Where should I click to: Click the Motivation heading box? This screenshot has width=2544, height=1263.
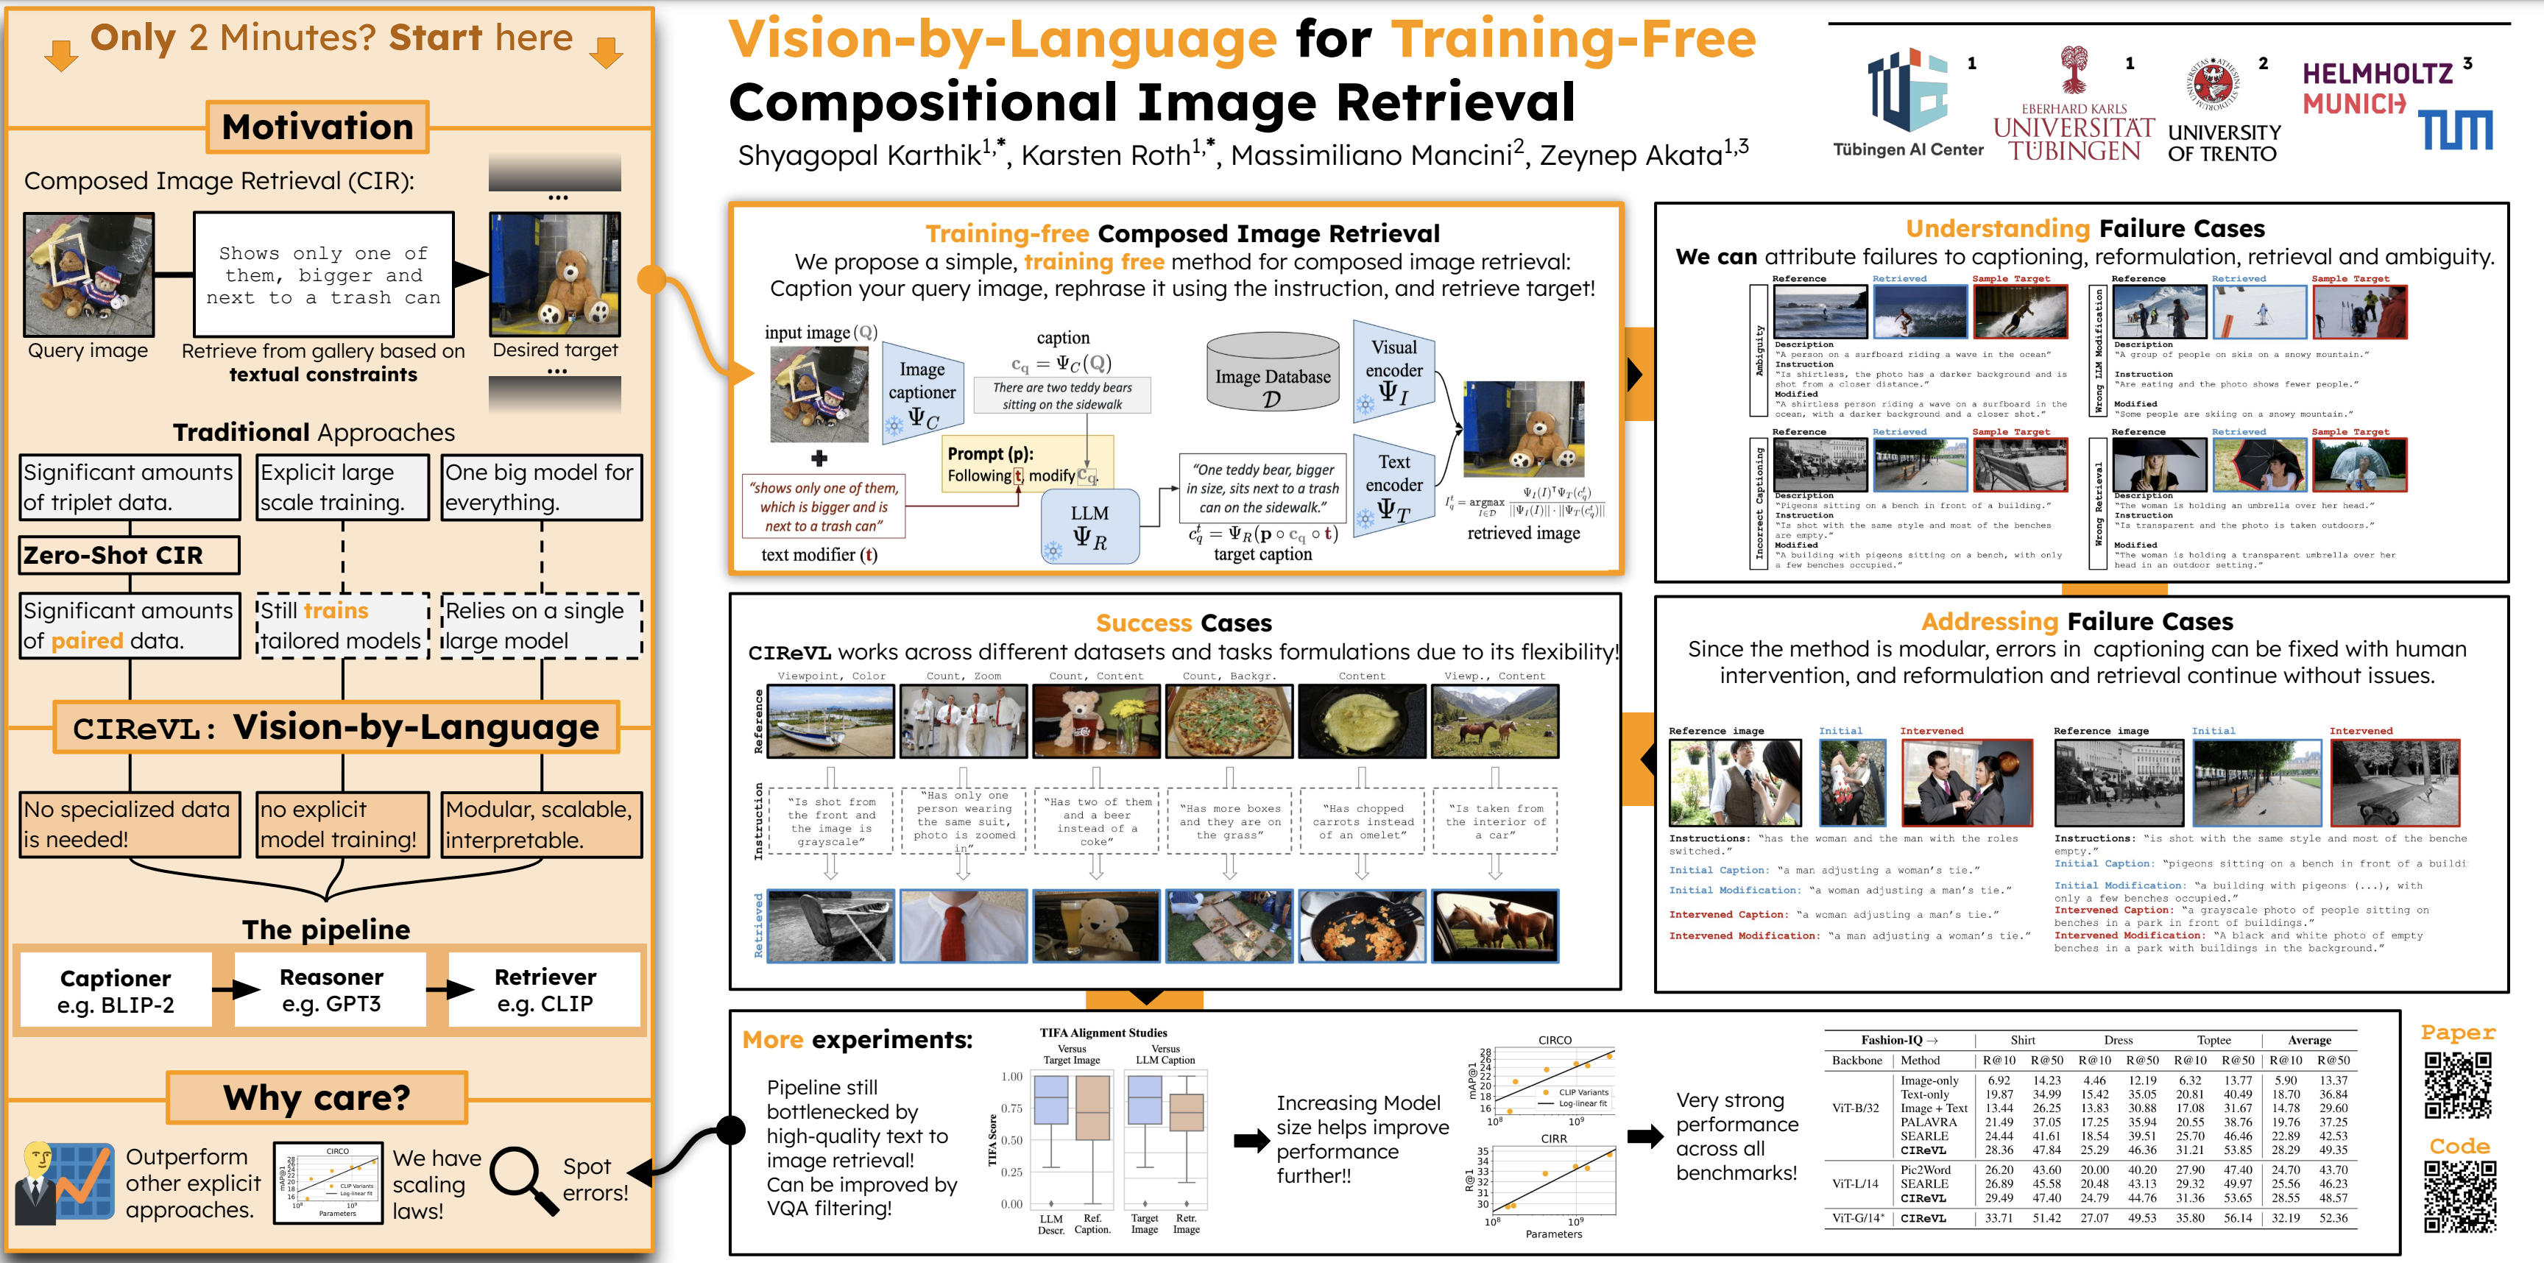317,127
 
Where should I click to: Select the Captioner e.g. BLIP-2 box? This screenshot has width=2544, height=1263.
116,991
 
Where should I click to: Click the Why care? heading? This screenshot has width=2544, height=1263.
316,1097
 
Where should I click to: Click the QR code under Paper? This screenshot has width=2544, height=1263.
2457,1084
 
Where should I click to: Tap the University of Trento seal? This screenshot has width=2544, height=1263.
2213,83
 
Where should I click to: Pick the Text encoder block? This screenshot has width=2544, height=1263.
1393,486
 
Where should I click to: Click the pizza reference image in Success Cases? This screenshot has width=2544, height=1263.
1229,722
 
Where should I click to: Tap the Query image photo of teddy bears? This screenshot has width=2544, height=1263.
89,275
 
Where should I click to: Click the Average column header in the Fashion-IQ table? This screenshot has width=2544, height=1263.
2309,1040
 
